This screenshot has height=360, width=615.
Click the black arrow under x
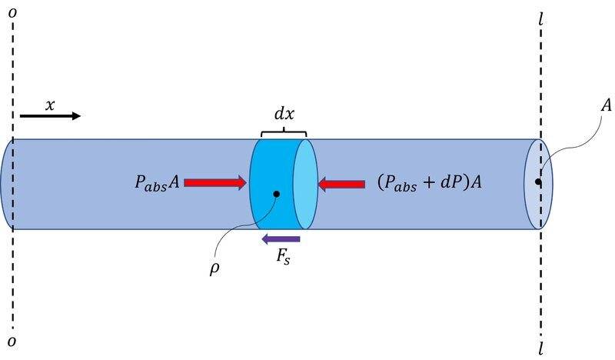[x=49, y=116]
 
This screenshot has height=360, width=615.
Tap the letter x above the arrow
[x=50, y=105]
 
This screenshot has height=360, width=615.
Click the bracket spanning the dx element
[x=284, y=133]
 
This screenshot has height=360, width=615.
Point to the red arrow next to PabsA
[x=214, y=182]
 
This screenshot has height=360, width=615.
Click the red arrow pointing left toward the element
[x=342, y=183]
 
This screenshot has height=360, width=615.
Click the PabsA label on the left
[x=155, y=182]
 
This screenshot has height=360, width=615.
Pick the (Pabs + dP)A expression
[x=430, y=183]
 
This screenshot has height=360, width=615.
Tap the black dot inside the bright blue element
[x=275, y=195]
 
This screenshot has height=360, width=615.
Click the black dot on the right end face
[x=539, y=182]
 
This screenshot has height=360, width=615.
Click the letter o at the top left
[x=12, y=13]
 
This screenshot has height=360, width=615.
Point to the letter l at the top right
[x=544, y=15]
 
